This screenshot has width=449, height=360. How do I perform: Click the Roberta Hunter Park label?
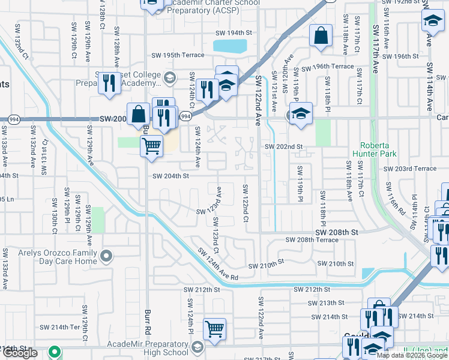(384, 149)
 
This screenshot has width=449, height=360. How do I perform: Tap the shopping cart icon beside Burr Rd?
(151, 145)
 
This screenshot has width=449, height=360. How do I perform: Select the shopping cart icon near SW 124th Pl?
(214, 328)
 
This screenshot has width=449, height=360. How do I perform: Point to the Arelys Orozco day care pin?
(106, 257)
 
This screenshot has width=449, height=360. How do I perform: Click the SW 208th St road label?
(337, 232)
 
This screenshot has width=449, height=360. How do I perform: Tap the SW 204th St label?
(170, 176)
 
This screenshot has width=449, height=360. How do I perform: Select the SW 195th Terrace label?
(176, 55)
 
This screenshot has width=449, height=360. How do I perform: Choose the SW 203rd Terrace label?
(409, 169)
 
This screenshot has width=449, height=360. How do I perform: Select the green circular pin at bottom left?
(55, 352)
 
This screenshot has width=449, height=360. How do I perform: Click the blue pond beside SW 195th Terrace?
(230, 46)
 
